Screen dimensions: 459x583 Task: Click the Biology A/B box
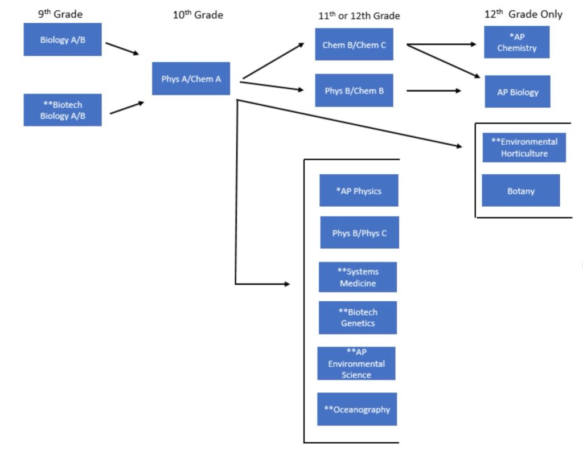click(x=63, y=40)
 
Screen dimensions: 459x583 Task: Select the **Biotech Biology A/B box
click(x=63, y=110)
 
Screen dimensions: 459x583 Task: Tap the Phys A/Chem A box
click(x=191, y=79)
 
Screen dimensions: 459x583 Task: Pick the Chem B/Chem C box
click(x=354, y=44)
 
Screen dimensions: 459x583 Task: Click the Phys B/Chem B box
click(x=354, y=91)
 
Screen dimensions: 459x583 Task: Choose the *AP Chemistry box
click(x=516, y=42)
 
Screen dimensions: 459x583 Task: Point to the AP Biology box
click(x=518, y=92)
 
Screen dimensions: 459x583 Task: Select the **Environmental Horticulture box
click(x=524, y=147)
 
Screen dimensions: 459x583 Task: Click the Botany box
click(x=521, y=191)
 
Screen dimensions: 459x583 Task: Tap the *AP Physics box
click(x=359, y=191)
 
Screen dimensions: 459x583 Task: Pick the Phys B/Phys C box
click(x=359, y=233)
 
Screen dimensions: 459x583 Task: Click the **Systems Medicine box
click(x=358, y=277)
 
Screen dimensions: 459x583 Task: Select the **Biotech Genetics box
click(x=358, y=318)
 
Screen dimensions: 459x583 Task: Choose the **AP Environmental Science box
click(x=356, y=363)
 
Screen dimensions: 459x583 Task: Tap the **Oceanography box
click(x=357, y=409)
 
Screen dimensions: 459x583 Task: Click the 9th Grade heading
click(x=60, y=14)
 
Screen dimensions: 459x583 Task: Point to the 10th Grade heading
click(x=198, y=15)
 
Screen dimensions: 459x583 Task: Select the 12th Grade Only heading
click(x=523, y=14)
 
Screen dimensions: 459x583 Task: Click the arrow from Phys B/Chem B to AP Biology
click(x=433, y=91)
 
